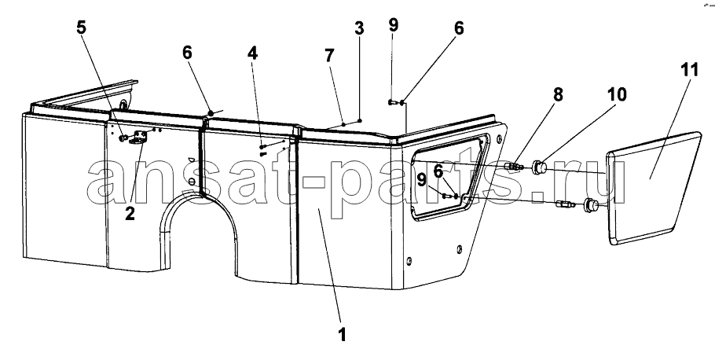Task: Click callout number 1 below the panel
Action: pyautogui.click(x=342, y=334)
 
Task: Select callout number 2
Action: pyautogui.click(x=130, y=214)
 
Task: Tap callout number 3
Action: pyautogui.click(x=359, y=28)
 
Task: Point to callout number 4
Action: pyautogui.click(x=252, y=53)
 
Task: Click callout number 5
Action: pyautogui.click(x=81, y=28)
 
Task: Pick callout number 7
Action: pyautogui.click(x=329, y=56)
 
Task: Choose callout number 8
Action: pyautogui.click(x=558, y=94)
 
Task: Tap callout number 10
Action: pyautogui.click(x=617, y=94)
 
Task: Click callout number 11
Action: pyautogui.click(x=690, y=70)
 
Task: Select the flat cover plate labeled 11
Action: pyautogui.click(x=654, y=188)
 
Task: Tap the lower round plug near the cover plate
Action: pyautogui.click(x=591, y=205)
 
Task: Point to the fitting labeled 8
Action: pyautogui.click(x=515, y=166)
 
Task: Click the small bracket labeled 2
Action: pyautogui.click(x=138, y=138)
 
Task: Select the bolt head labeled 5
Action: pyautogui.click(x=123, y=138)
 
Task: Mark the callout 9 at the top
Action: pyautogui.click(x=393, y=24)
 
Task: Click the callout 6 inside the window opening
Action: pyautogui.click(x=438, y=171)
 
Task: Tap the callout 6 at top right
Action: pyautogui.click(x=459, y=28)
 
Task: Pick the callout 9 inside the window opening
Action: pyautogui.click(x=421, y=180)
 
